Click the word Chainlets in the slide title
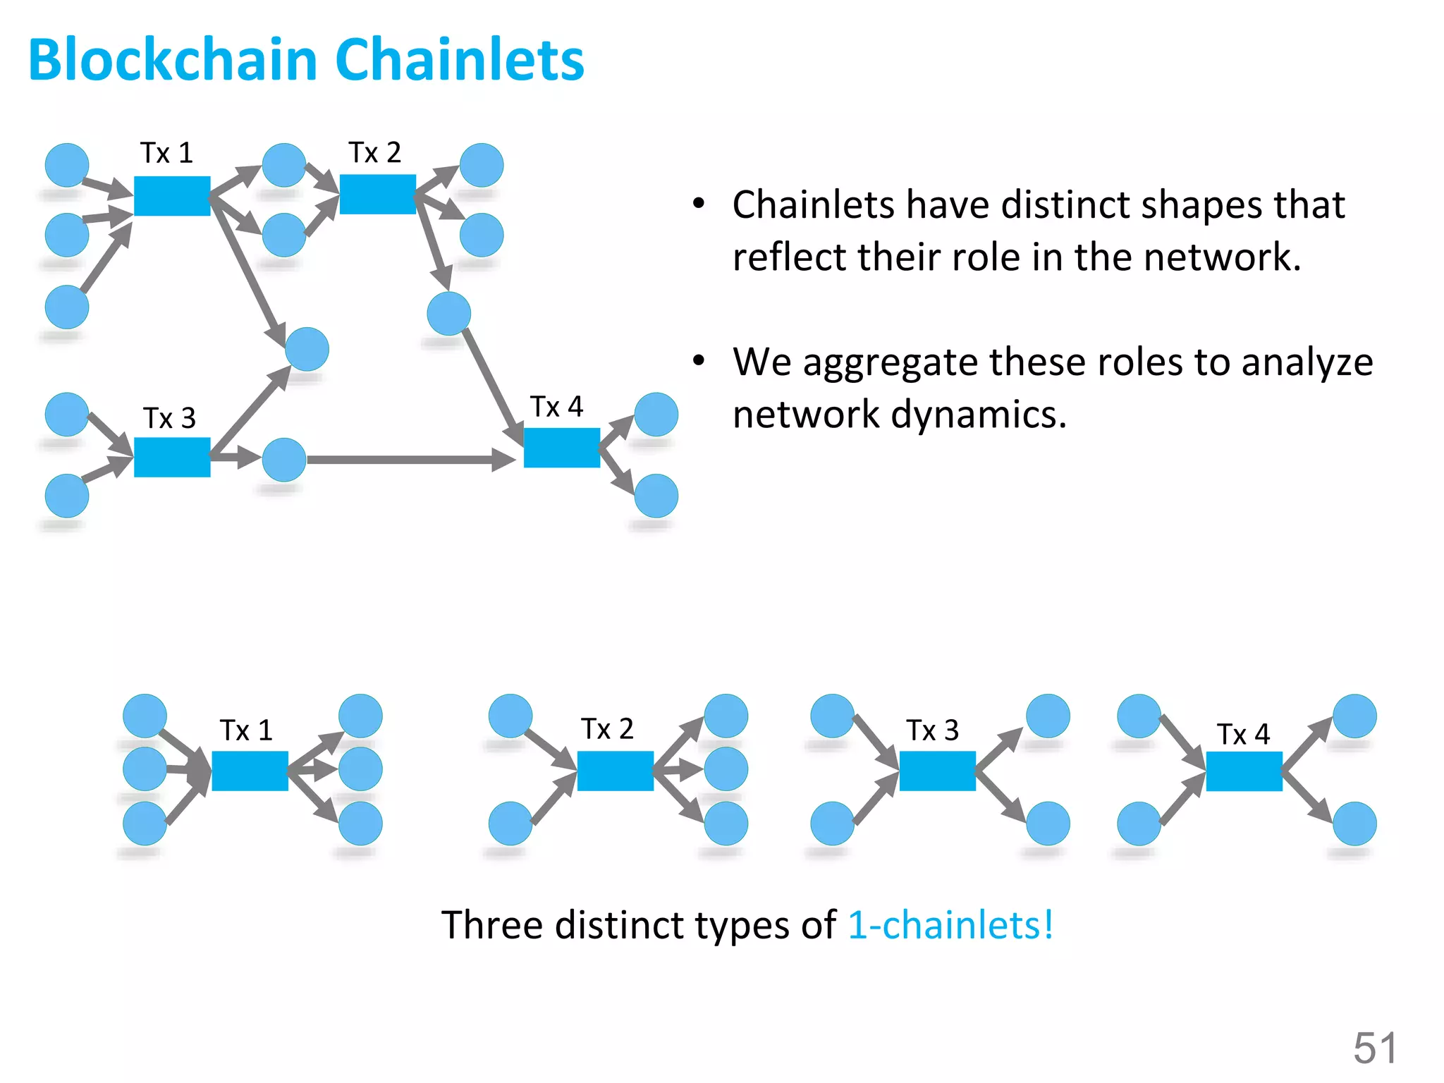(460, 60)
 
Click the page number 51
(1374, 1048)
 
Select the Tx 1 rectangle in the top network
(172, 196)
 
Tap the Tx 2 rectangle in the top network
(378, 195)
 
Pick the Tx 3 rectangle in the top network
(172, 457)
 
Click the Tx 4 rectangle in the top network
(562, 448)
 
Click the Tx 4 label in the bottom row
(1243, 735)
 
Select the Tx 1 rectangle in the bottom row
(250, 771)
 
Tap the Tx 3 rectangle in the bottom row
(937, 771)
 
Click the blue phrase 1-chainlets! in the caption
(950, 925)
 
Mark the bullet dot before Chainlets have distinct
(698, 204)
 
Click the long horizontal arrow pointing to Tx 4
(409, 460)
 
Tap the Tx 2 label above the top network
(374, 152)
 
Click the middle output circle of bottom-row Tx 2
(726, 769)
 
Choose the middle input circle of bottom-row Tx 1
(145, 769)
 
